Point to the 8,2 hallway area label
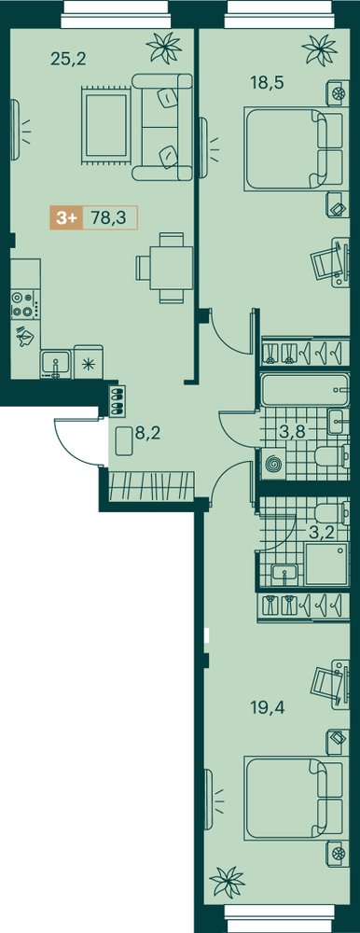(148, 433)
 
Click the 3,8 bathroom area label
(292, 432)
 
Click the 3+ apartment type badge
(66, 218)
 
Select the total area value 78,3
(109, 218)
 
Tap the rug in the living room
(107, 124)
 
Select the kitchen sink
(55, 364)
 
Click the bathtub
(304, 391)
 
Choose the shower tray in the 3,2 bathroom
(326, 562)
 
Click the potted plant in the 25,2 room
(164, 47)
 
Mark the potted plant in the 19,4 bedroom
(227, 883)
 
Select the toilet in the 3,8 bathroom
(331, 456)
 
